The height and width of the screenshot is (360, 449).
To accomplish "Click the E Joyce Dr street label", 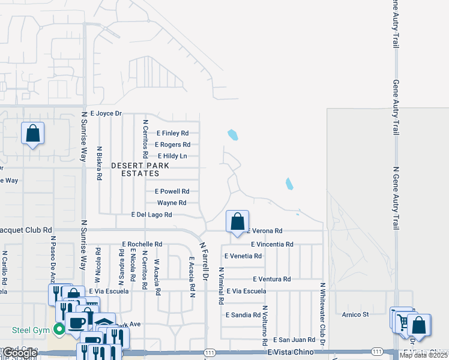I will (x=106, y=113).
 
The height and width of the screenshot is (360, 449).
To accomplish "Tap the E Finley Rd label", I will (x=172, y=133).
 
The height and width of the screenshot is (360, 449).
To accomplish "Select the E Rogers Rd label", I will (x=172, y=145).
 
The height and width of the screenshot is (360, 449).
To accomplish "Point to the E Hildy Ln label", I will (x=172, y=156).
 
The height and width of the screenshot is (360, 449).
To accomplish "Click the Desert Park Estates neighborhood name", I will (x=139, y=169).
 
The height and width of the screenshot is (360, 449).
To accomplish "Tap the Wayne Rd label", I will (x=172, y=203).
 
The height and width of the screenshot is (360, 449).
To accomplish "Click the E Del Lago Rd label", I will (x=151, y=214).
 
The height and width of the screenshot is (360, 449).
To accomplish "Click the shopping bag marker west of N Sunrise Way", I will (x=33, y=133).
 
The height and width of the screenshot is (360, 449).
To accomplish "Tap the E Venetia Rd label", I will (x=243, y=256).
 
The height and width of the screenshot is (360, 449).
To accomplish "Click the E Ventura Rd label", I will (x=271, y=279).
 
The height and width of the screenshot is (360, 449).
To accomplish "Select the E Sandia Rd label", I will (x=243, y=314).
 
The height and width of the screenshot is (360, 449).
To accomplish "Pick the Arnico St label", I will (x=355, y=314).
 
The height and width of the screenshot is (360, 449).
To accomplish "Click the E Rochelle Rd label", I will (x=142, y=244).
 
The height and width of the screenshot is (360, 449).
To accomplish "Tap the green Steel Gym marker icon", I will (x=59, y=329).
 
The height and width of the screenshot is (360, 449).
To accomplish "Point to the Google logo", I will (x=19, y=353).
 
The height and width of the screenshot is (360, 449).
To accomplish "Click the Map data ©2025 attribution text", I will (x=424, y=355).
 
